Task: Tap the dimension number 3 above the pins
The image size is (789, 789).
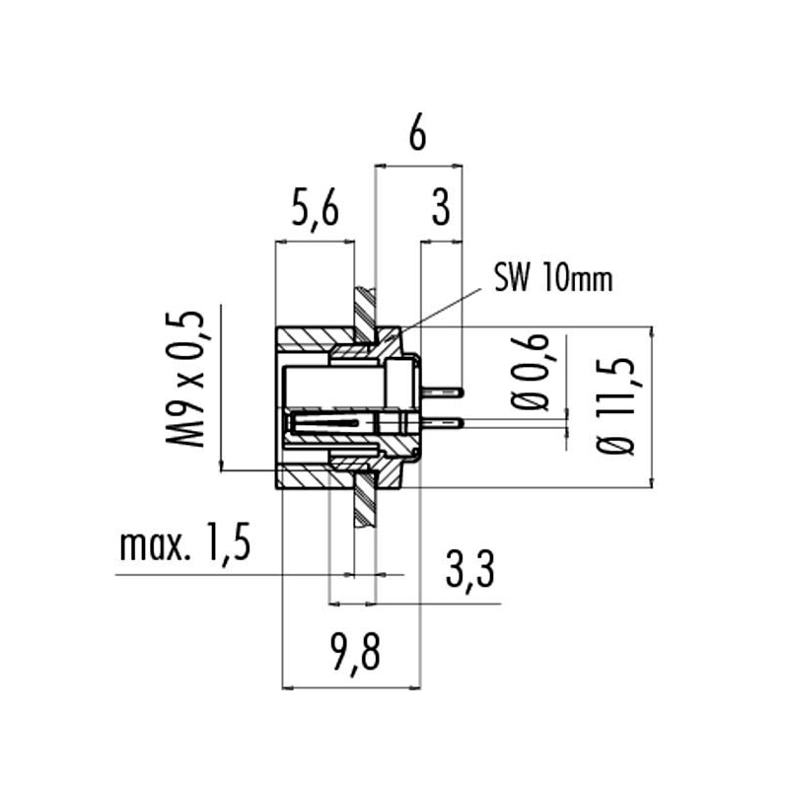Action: [x=441, y=208]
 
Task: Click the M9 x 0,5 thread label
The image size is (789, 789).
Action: [x=185, y=379]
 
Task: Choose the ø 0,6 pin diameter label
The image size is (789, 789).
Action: [x=529, y=372]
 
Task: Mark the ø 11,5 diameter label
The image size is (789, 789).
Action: [x=614, y=406]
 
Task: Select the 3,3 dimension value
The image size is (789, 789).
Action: [x=470, y=570]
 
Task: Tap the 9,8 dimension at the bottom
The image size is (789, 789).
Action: [x=356, y=652]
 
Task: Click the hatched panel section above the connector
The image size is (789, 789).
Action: [x=365, y=313]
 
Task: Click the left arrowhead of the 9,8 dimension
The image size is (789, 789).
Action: [x=288, y=687]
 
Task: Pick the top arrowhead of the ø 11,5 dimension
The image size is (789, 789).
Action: [x=652, y=332]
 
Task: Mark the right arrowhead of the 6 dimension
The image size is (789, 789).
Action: [x=457, y=165]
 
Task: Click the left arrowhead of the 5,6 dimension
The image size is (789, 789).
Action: [x=281, y=242]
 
